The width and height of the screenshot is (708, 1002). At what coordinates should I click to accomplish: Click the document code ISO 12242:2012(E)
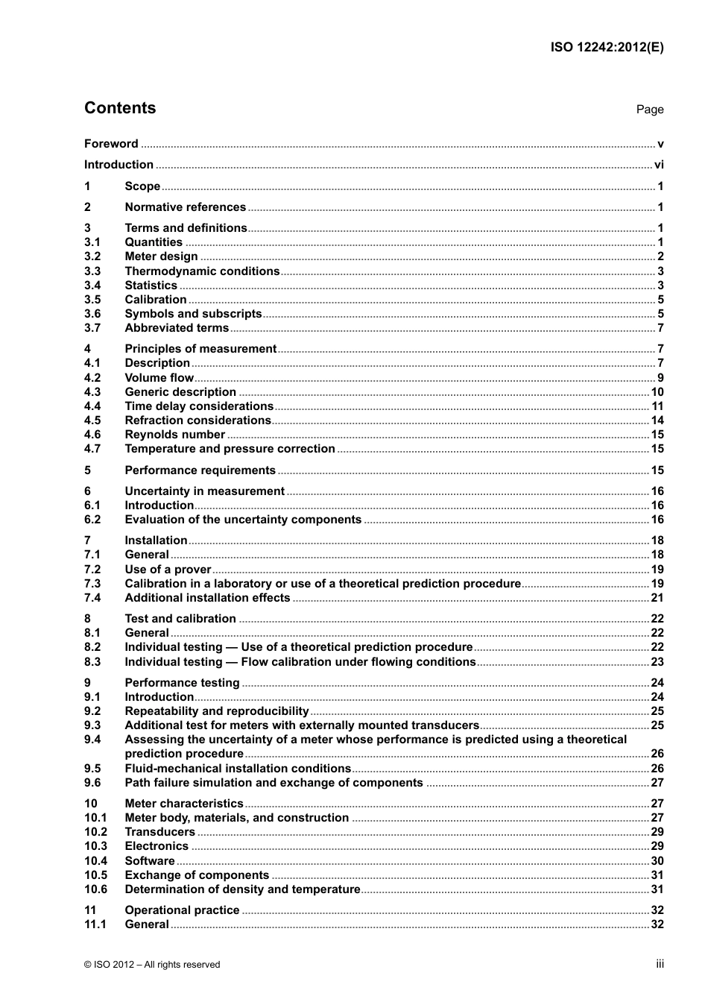tap(607, 47)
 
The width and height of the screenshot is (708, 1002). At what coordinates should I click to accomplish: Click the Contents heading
tap(120, 108)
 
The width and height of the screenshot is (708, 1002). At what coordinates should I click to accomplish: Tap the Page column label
tap(649, 110)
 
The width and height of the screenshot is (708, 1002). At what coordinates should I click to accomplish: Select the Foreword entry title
tap(111, 144)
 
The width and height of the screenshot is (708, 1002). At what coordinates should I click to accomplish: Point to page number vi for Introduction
tap(658, 165)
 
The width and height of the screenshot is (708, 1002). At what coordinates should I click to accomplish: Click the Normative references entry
tap(185, 207)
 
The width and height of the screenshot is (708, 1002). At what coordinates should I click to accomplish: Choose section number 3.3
tap(92, 271)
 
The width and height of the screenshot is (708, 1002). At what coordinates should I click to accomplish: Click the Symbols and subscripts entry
tap(193, 314)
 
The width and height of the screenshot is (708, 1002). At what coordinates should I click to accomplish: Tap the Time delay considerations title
tap(199, 406)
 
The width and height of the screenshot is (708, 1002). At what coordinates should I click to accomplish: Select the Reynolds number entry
tap(174, 435)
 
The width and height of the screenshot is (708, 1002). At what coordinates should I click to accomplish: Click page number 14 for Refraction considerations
tap(657, 420)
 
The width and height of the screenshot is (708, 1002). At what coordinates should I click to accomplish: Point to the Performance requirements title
tap(200, 470)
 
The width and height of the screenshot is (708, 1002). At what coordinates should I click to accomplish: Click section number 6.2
tap(92, 520)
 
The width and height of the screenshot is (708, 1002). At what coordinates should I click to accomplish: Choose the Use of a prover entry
tap(168, 570)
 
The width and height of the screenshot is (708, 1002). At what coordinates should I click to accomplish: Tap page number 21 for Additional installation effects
tap(657, 598)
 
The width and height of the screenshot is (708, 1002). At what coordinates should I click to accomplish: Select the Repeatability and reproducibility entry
tap(216, 711)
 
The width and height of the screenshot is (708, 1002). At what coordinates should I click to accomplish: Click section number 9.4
tap(92, 740)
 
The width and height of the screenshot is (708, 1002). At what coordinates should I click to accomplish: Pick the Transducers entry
tap(159, 832)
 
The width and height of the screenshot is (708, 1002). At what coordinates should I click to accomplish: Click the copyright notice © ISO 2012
tap(152, 965)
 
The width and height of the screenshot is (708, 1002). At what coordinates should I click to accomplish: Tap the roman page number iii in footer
tap(660, 964)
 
